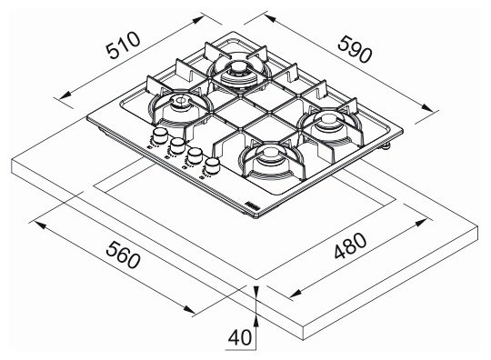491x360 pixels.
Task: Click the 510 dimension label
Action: point(123,45)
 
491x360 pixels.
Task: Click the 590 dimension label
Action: point(356,49)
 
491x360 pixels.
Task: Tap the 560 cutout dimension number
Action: point(123,255)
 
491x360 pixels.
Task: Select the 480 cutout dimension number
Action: point(350,245)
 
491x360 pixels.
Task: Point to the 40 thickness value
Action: point(239,337)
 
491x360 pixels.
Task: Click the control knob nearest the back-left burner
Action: point(160,135)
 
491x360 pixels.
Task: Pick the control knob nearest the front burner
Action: point(212,165)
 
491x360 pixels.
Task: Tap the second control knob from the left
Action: point(177,145)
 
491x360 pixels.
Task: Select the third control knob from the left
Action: point(195,155)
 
